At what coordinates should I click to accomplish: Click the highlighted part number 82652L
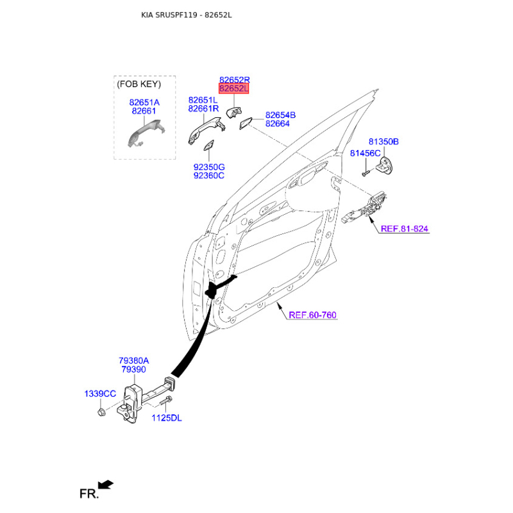pos(234,88)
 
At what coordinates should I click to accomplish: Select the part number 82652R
pos(234,80)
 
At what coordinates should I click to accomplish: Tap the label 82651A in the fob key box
pos(144,102)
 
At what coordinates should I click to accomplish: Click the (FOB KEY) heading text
pos(139,84)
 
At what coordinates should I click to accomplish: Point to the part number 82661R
pos(203,109)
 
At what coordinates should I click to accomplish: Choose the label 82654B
pos(280,115)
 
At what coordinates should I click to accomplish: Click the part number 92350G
pos(208,167)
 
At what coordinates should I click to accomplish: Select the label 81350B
pos(383,141)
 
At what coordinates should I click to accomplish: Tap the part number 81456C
pos(365,153)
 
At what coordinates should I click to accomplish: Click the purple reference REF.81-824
pos(404,228)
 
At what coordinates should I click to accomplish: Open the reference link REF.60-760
pos(312,315)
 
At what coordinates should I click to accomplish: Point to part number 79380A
pos(133,360)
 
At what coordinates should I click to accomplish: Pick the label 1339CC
pos(100,393)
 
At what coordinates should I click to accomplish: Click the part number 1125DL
pos(167,418)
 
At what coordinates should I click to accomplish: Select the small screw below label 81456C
pos(364,172)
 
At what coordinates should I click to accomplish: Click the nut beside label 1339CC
pos(102,410)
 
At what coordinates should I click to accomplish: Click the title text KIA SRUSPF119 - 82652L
pos(186,14)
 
